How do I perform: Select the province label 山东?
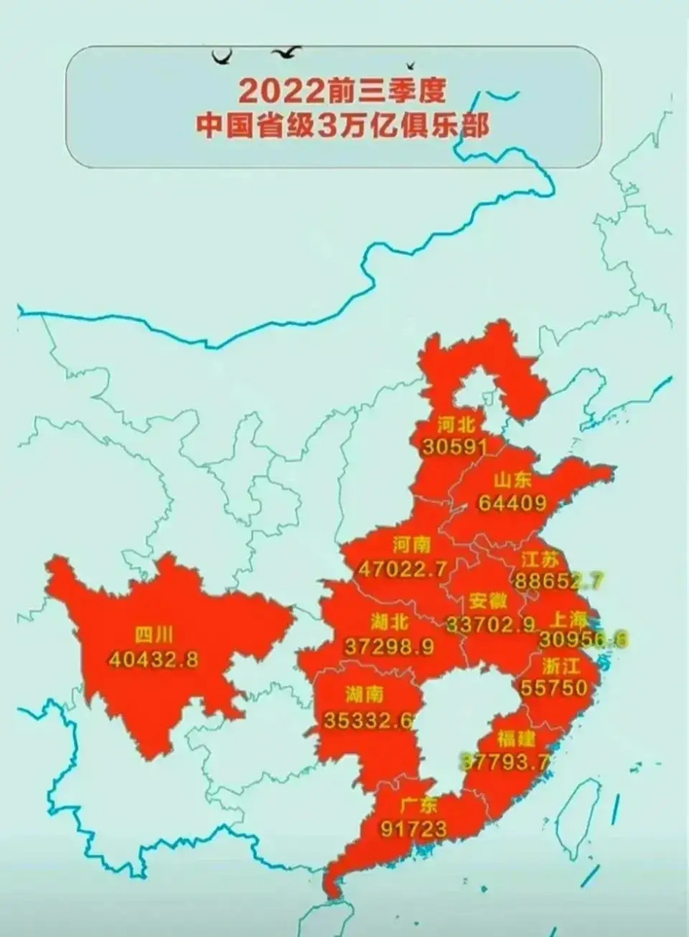pyautogui.click(x=512, y=481)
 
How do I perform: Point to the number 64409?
pyautogui.click(x=512, y=504)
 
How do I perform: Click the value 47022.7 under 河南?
pyautogui.click(x=403, y=569)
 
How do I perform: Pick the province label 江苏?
pyautogui.click(x=542, y=560)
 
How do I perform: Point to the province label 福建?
pyautogui.click(x=516, y=739)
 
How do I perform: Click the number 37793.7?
pyautogui.click(x=504, y=762)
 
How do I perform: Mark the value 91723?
pyautogui.click(x=414, y=828)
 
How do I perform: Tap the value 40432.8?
pyautogui.click(x=154, y=659)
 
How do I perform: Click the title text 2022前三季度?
pyautogui.click(x=342, y=92)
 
